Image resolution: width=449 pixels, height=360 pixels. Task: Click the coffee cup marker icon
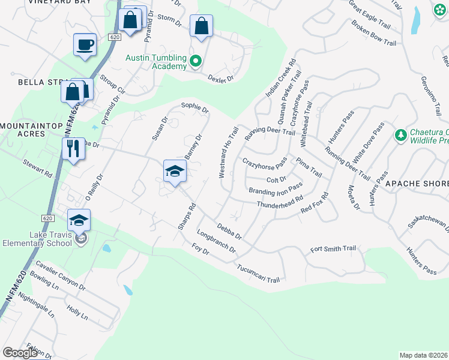coord(85,44)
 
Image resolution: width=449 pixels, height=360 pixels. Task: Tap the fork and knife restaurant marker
coord(73,148)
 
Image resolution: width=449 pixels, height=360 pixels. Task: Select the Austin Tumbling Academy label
coord(156,62)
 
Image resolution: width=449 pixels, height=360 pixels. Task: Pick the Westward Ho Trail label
coord(229,152)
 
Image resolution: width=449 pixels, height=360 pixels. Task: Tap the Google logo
coord(20,353)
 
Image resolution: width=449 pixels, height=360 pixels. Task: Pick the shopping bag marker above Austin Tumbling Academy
coord(201,26)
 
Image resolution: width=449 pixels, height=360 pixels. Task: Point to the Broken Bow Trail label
coord(374,34)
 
